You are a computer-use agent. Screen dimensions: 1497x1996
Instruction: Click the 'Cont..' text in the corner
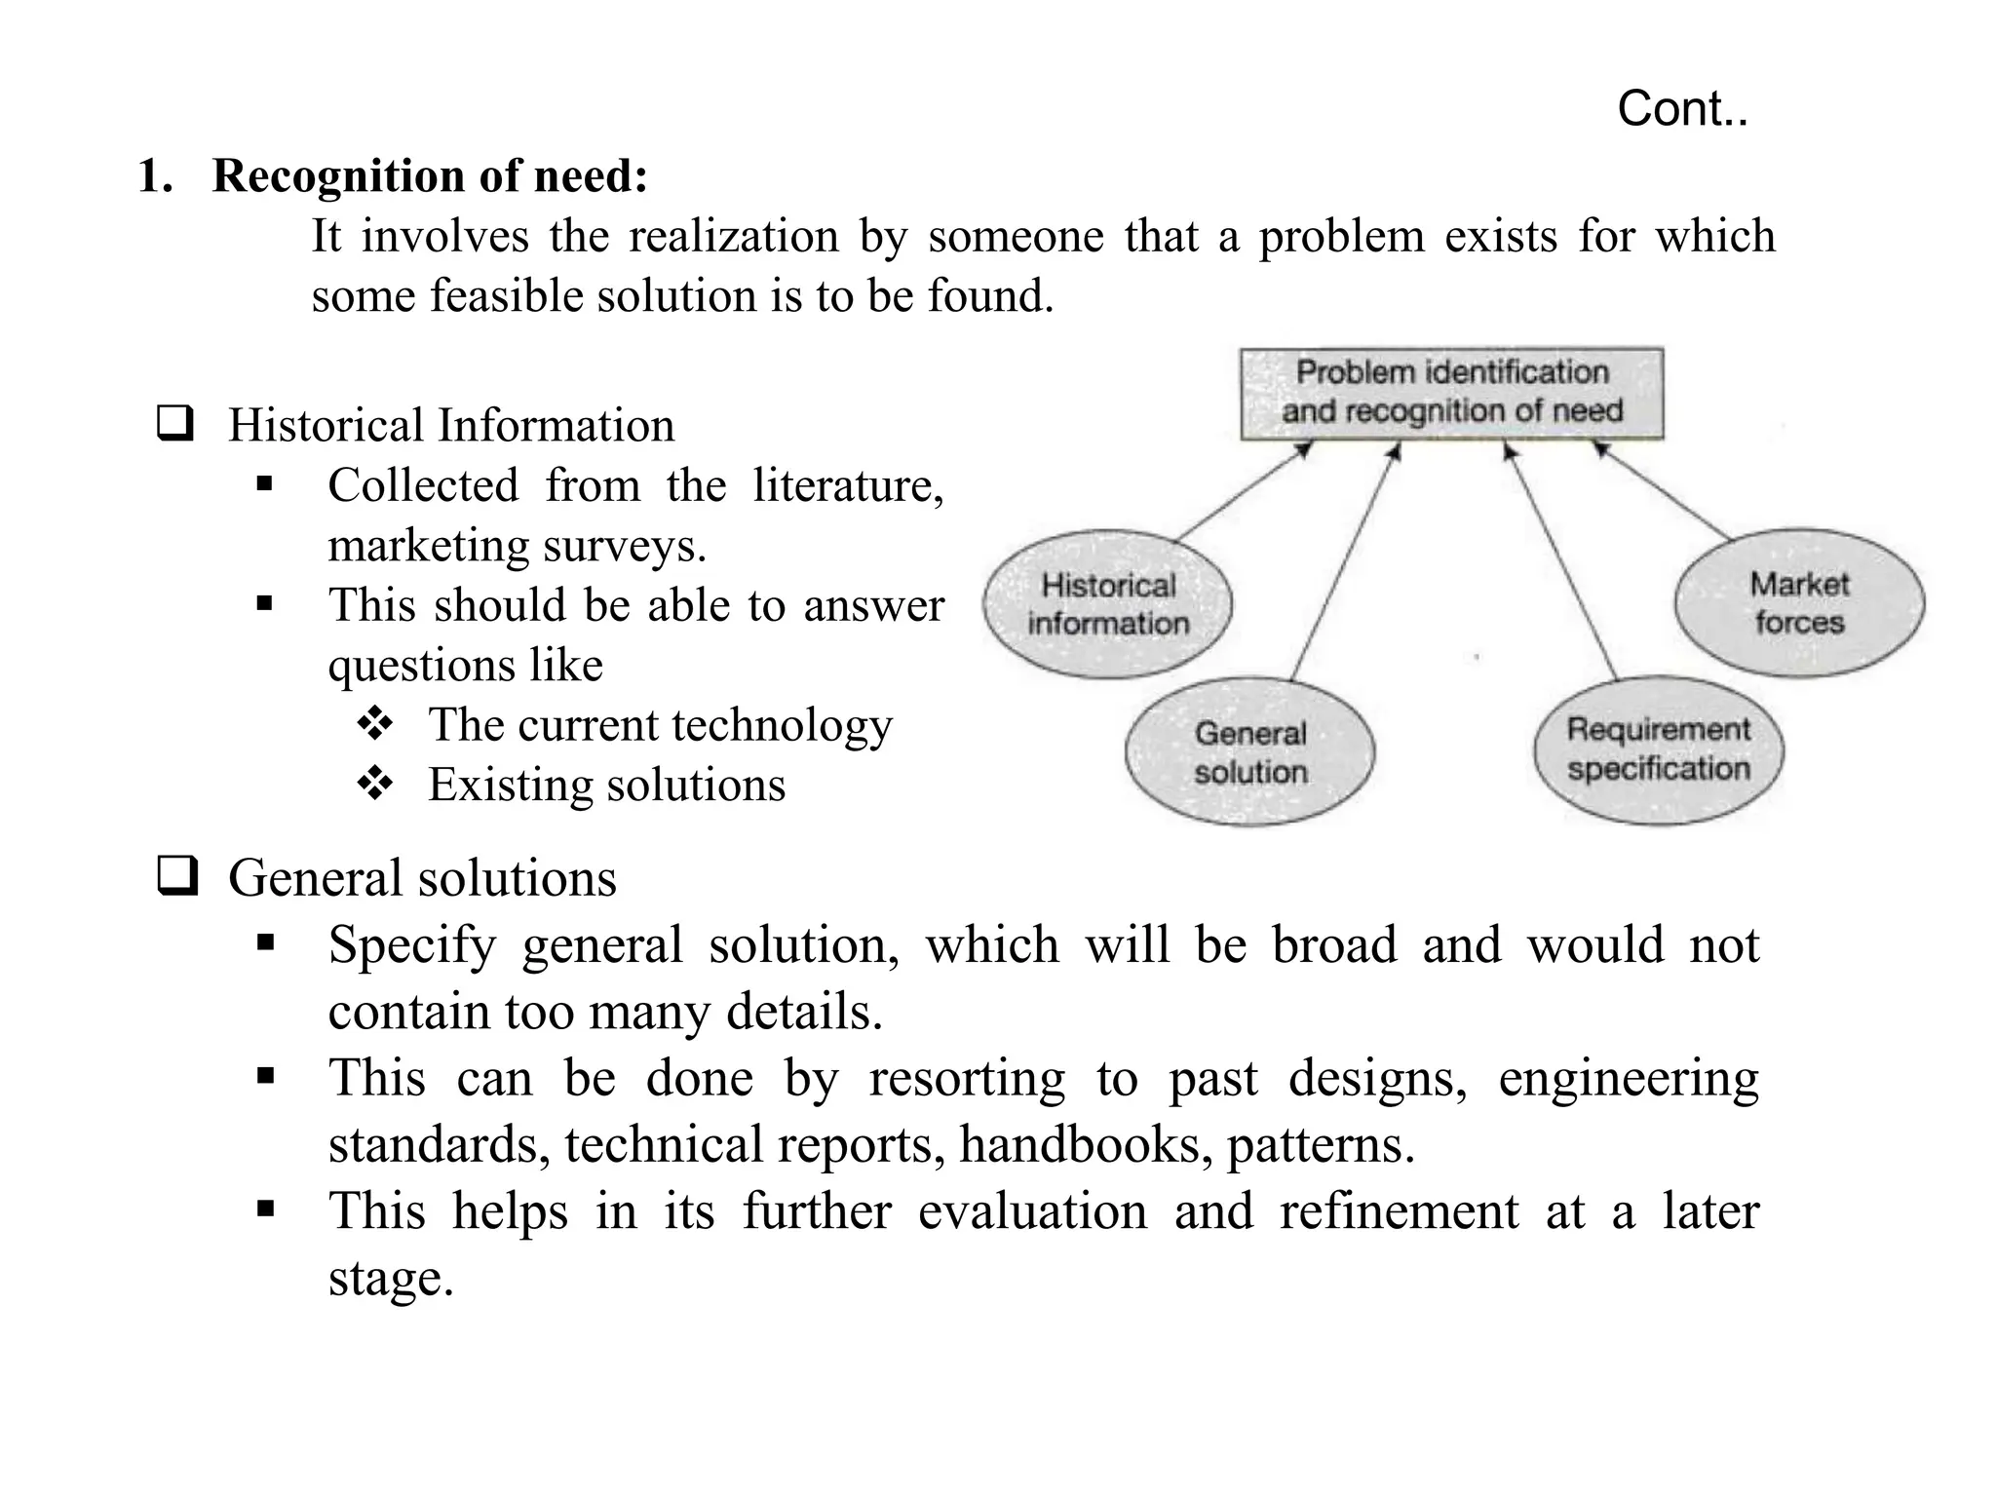1682,109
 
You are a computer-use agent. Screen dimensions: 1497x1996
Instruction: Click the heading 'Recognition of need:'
430,176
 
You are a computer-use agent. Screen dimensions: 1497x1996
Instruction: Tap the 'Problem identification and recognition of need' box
1451,393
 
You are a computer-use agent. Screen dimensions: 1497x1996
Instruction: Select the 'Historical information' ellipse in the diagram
1108,604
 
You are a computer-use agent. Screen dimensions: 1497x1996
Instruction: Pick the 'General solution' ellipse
1249,752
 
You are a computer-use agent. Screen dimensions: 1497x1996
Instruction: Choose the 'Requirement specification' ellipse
1658,750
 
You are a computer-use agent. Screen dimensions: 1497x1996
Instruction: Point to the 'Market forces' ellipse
1799,603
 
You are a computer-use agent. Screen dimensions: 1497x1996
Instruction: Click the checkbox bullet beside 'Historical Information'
175,424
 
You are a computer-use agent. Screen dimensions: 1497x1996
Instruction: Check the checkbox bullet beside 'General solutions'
176,875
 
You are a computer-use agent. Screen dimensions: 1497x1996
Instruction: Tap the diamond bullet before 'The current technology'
375,723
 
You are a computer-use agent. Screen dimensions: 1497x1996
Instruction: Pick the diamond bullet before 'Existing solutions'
375,784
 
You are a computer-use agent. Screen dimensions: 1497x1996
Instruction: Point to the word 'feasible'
504,295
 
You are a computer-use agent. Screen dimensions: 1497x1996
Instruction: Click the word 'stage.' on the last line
391,1278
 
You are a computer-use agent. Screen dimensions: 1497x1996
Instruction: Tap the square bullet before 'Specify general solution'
265,942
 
